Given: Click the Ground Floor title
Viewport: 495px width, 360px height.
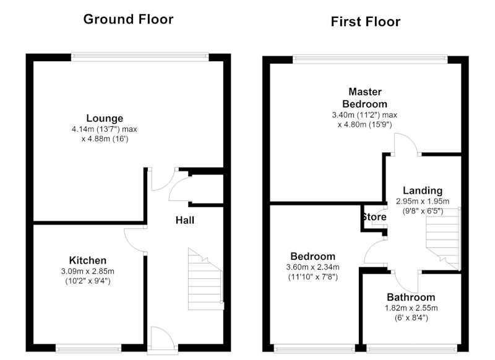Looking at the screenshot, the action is pos(128,19).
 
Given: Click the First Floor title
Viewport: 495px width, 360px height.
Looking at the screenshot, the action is pos(366,22).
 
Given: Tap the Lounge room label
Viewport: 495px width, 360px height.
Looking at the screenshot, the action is pos(105,118).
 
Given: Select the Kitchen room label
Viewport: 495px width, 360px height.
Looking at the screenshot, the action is pos(88,260).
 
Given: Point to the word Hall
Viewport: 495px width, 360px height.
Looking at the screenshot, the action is pos(184,220).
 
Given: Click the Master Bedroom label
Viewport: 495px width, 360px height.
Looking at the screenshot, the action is pos(365,98).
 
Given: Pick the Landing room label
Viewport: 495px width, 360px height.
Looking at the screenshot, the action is pos(423,191).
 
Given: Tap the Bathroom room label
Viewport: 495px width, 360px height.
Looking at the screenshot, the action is pos(411,297).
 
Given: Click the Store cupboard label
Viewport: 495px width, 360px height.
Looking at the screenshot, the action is pos(374,216).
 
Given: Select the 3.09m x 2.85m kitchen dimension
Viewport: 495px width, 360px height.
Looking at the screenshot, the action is pos(88,272).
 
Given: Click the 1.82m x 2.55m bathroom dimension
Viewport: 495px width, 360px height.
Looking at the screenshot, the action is pos(411,308).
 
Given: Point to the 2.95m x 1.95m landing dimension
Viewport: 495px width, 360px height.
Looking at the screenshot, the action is pos(423,201).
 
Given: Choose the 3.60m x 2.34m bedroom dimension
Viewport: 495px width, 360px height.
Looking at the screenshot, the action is pos(312,267).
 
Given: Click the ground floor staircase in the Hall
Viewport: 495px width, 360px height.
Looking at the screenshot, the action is pos(206,279).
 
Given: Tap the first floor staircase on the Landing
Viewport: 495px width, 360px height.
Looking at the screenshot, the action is pos(442,239).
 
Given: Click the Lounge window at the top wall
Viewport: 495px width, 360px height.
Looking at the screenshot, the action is pos(140,57).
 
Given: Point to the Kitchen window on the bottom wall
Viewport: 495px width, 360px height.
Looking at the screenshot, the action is pos(88,349).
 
